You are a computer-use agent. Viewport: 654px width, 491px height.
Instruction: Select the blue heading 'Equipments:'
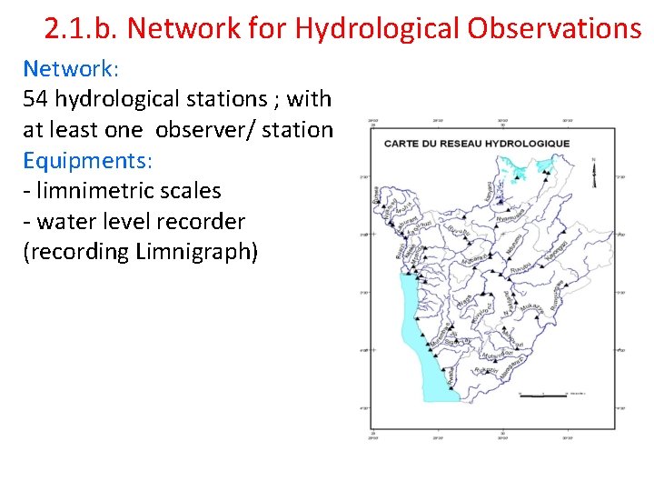click(88, 160)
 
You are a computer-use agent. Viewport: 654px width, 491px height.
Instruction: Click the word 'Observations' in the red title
click(554, 29)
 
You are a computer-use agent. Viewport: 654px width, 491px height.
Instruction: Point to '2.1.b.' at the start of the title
click(82, 29)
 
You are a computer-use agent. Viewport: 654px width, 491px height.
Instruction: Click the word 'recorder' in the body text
click(201, 221)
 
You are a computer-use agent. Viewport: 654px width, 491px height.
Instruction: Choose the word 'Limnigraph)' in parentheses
click(194, 252)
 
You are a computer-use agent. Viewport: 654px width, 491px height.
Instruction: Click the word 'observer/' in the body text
click(204, 129)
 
